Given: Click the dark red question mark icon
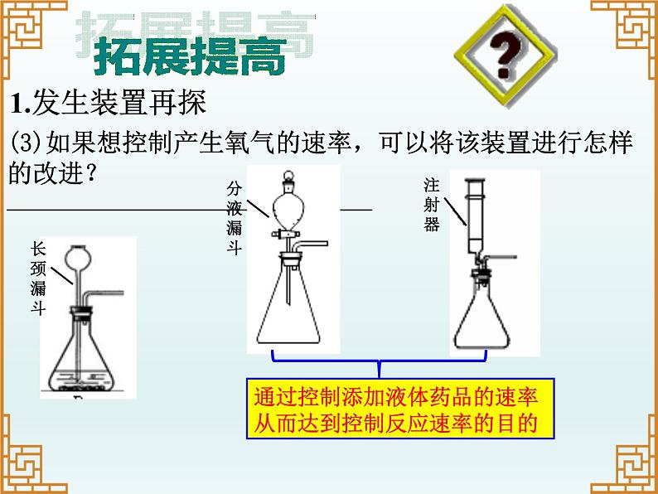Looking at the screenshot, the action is point(506,56).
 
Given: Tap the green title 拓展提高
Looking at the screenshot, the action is point(190,56).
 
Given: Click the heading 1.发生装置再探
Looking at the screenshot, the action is point(109,103).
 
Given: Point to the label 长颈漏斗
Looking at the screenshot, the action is point(38,278).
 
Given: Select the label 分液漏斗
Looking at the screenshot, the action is point(235,217).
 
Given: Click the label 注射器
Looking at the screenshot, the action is point(432,205).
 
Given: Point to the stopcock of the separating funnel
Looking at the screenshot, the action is point(285,234).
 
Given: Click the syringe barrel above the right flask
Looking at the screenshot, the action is point(476,210).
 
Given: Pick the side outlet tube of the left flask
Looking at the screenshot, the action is point(105,293).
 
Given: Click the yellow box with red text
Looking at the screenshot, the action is point(400,409).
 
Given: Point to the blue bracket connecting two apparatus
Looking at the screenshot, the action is point(380,360).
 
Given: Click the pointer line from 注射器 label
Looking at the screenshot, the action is point(456,211).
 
